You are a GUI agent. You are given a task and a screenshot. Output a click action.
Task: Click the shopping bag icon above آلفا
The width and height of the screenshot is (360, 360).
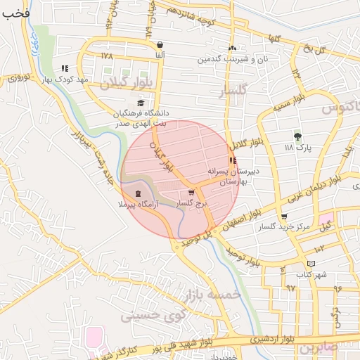tap(160, 44)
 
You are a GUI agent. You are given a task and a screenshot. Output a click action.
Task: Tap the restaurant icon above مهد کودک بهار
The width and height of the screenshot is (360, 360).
tap(65, 69)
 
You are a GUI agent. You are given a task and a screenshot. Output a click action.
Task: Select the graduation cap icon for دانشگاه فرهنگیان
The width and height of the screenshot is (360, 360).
tap(141, 103)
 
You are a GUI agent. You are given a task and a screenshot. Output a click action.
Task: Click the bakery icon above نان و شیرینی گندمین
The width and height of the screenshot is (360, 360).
tap(232, 49)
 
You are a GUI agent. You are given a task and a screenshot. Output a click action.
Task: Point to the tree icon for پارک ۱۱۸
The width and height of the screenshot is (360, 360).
tap(297, 136)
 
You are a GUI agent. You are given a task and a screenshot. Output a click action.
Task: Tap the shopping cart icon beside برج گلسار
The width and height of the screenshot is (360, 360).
tap(191, 193)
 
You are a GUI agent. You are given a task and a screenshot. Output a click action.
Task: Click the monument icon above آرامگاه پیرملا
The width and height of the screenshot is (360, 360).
tap(137, 193)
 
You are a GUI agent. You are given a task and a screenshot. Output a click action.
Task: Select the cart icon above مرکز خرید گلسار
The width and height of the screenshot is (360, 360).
tap(283, 217)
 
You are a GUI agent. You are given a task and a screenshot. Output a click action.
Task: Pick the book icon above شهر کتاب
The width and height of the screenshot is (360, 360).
tap(311, 263)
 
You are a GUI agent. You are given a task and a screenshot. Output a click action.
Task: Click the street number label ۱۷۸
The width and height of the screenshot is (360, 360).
tap(106, 56)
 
